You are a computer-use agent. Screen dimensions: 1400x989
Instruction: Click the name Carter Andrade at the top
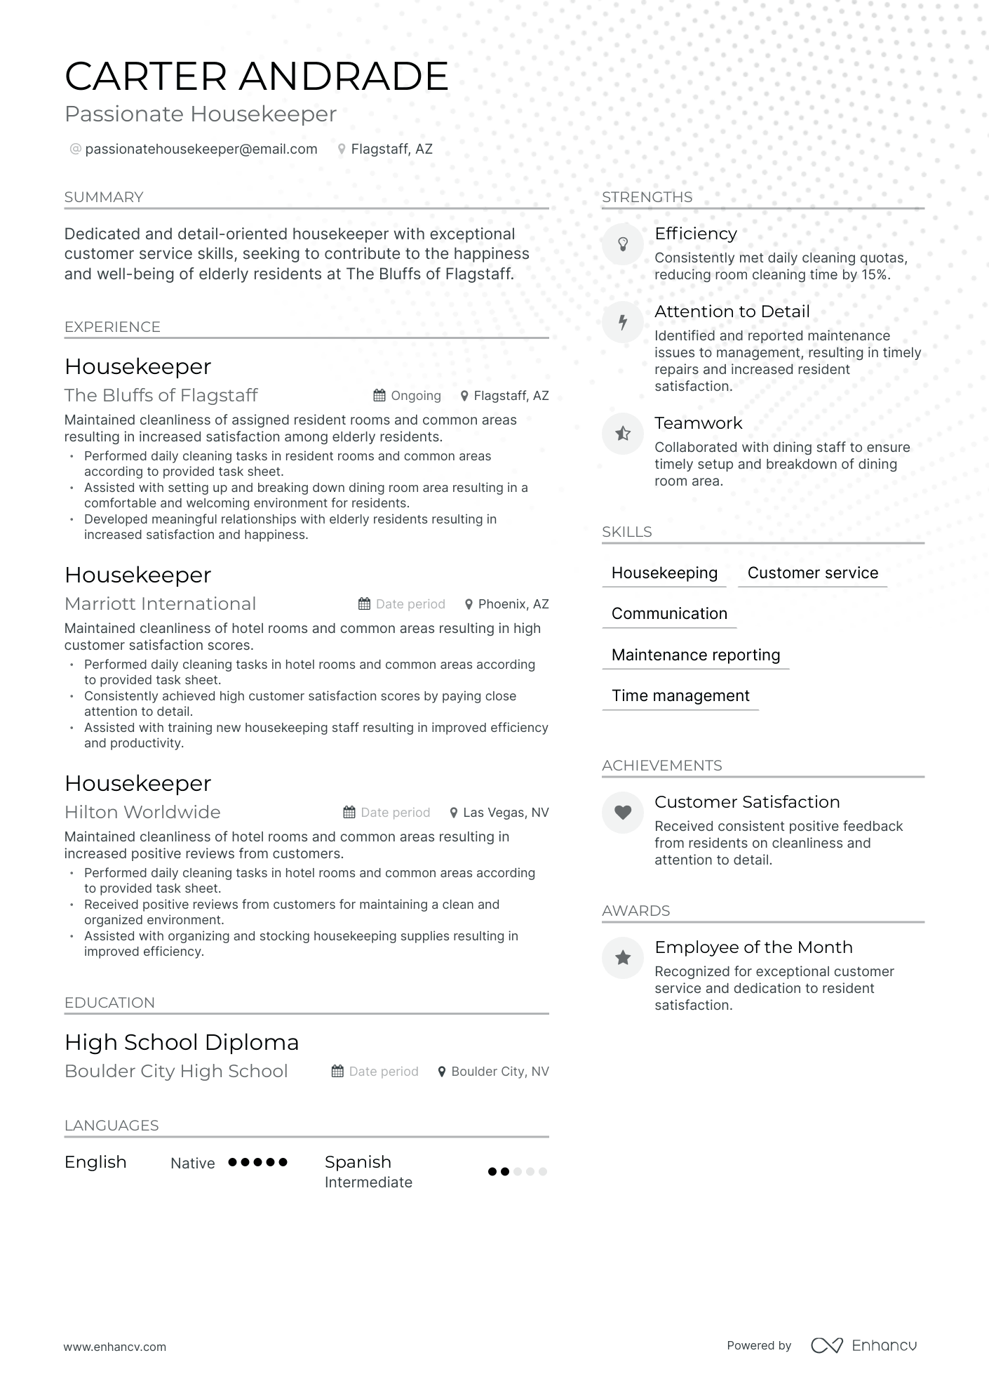click(x=256, y=76)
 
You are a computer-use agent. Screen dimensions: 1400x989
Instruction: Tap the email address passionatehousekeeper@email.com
click(x=201, y=149)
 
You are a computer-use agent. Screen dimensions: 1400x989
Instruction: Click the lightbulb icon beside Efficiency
click(x=622, y=244)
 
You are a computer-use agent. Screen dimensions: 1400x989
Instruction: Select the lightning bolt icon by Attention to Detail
click(x=622, y=322)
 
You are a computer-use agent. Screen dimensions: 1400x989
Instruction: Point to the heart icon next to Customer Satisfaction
click(x=622, y=813)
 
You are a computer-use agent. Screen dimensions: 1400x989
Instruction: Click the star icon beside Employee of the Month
click(x=622, y=958)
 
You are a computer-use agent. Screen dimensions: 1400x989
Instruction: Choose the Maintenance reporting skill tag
click(x=695, y=655)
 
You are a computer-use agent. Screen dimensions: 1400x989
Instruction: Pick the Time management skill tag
click(x=680, y=695)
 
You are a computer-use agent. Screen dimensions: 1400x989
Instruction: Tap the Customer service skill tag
click(x=812, y=573)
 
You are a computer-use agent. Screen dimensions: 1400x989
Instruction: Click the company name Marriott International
click(x=160, y=604)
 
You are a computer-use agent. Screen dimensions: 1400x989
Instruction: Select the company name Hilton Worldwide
click(x=142, y=812)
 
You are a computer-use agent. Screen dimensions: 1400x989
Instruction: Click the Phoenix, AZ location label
click(x=513, y=604)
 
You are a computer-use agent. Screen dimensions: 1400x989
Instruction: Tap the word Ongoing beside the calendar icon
click(x=416, y=396)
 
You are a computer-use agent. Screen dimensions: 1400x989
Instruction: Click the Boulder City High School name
click(x=176, y=1071)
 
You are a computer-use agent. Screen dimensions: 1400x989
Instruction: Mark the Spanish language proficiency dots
click(x=517, y=1171)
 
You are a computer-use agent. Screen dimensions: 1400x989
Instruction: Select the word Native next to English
click(x=192, y=1163)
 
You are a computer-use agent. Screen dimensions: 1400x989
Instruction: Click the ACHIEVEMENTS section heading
click(x=661, y=765)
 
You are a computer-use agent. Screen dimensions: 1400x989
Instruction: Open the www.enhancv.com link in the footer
click(x=115, y=1347)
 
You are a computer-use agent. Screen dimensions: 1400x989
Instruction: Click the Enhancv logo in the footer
click(x=864, y=1345)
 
